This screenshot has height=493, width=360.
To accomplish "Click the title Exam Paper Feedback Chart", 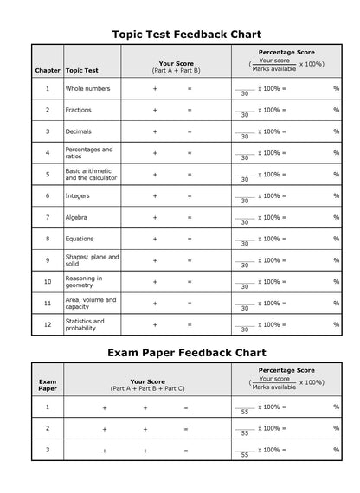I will point(186,352).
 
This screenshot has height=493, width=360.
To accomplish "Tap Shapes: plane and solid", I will point(92,260).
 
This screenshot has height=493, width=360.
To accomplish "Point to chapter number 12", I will point(48,324).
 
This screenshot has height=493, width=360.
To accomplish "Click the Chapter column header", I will point(48,69).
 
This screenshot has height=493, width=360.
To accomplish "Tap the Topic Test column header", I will point(82,69).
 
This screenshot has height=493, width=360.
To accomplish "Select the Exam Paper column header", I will point(48,384).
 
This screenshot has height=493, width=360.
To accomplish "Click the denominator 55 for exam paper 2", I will point(245,433).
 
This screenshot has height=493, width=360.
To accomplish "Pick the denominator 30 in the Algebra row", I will point(245,222).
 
